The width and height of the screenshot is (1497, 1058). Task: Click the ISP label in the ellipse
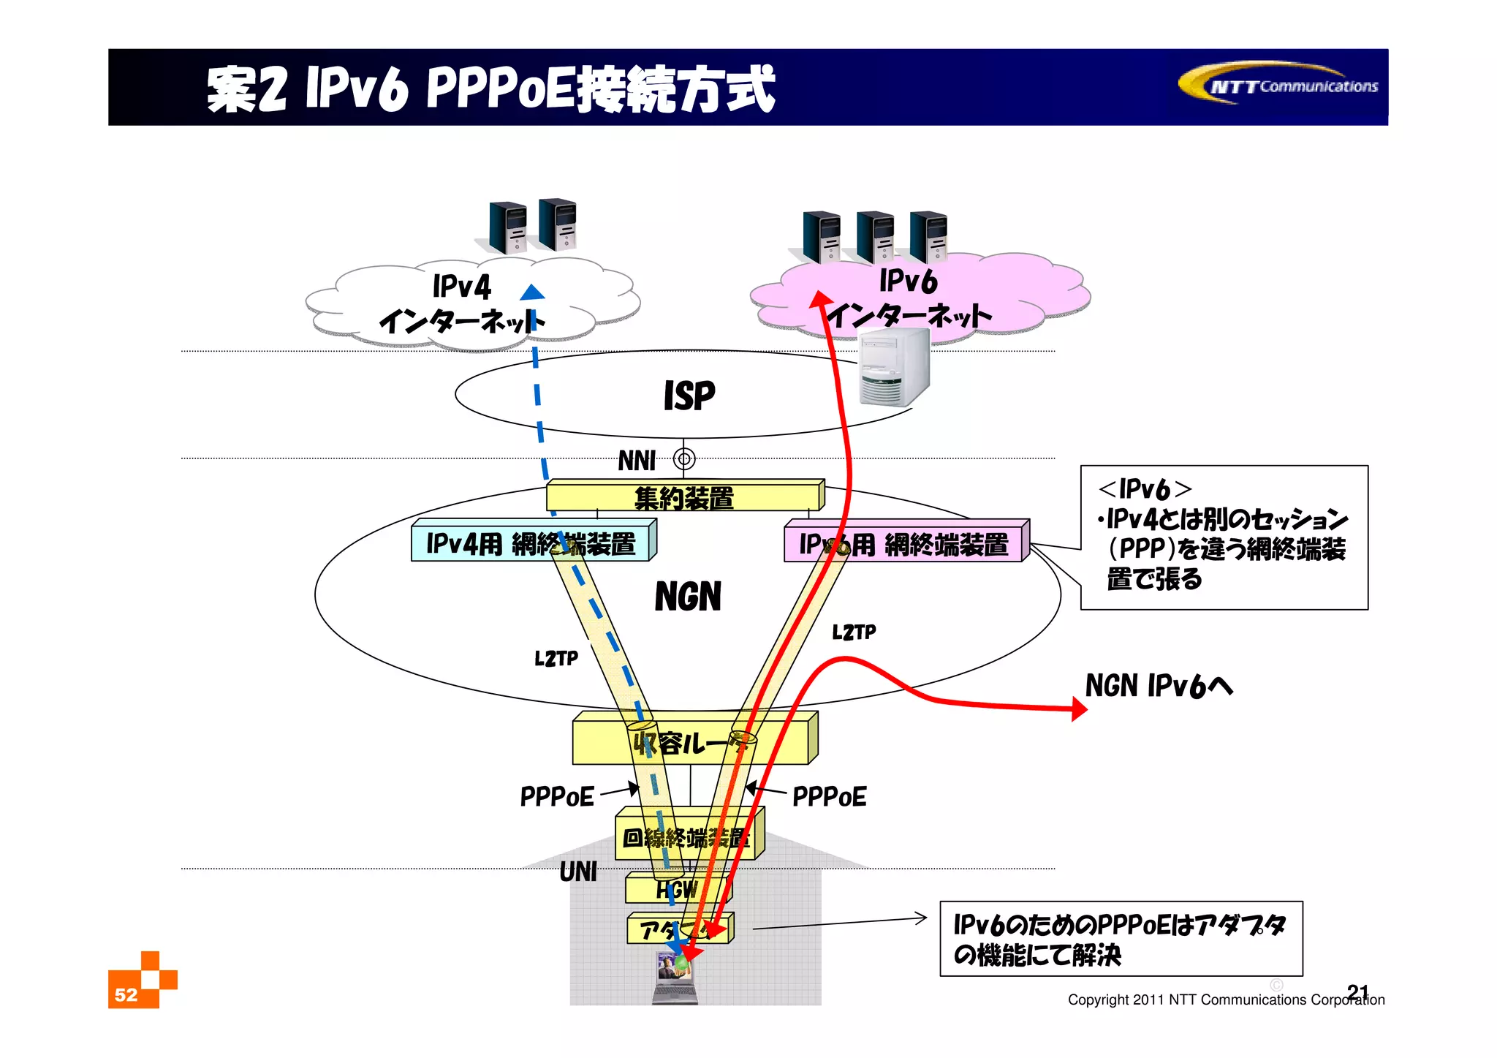689,396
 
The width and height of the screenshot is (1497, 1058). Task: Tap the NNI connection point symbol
684,459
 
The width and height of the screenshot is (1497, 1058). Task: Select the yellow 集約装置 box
684,497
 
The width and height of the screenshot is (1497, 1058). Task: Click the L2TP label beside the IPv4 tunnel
556,659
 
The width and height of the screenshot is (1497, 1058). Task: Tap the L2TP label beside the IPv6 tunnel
854,632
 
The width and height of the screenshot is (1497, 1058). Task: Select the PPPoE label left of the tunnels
557,796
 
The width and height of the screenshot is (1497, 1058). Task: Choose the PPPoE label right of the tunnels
830,796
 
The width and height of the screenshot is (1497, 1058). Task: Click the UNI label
578,872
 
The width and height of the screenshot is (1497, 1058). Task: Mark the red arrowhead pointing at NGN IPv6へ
1078,709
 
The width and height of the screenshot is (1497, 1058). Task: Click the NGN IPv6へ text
1159,687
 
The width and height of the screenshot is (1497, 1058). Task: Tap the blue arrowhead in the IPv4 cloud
532,292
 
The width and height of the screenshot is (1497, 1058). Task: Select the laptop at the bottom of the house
675,978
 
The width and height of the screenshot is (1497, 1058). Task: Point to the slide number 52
126,994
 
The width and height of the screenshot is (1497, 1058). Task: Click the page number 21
1357,991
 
